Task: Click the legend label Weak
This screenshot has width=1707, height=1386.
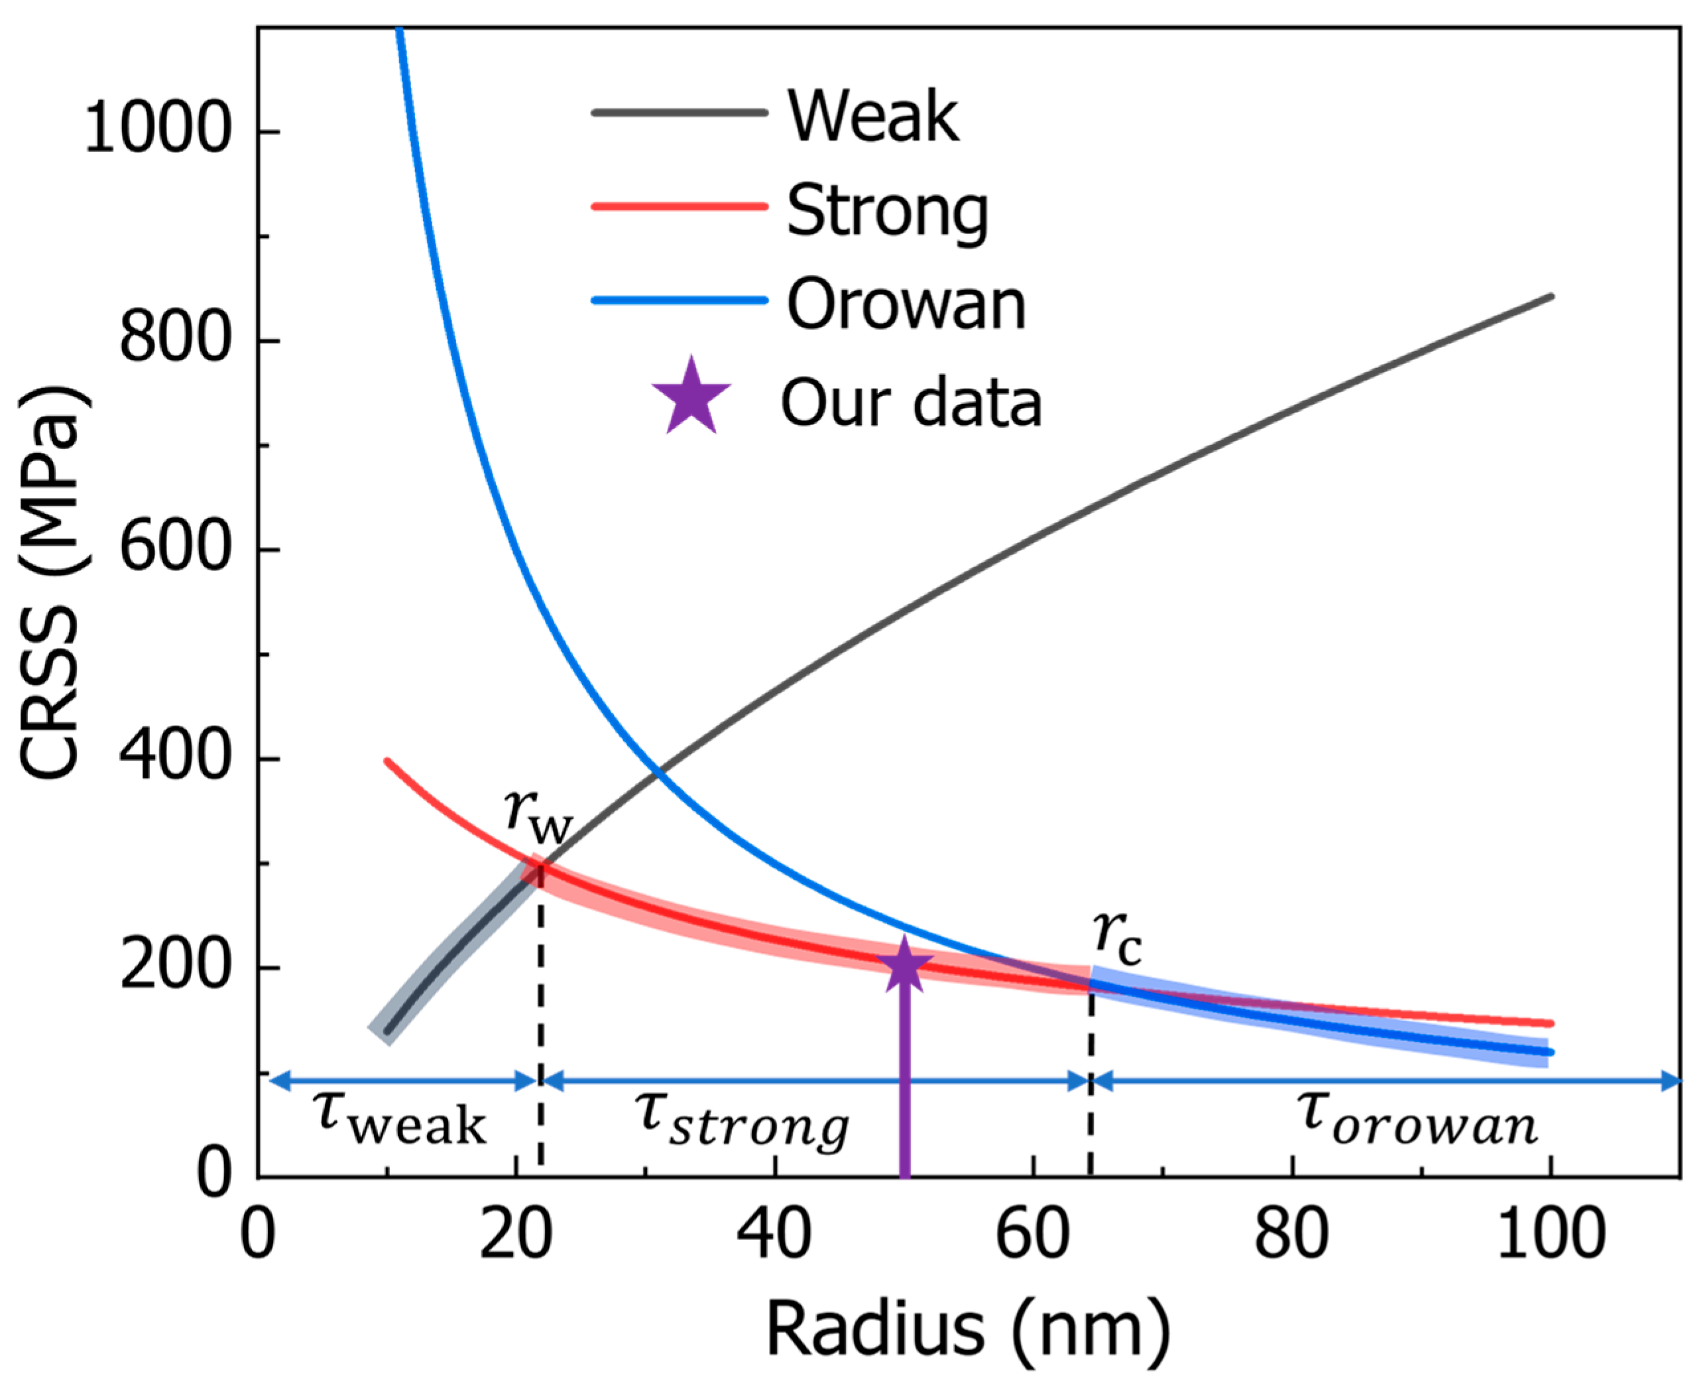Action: tap(873, 117)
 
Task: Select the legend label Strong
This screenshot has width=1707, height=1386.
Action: tap(888, 211)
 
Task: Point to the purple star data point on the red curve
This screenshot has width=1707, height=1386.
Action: tap(904, 967)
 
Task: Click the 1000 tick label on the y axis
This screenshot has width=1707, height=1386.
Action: tap(157, 129)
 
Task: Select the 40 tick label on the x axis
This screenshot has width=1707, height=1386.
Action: tap(774, 1234)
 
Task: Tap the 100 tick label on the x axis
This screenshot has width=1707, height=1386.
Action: tap(1549, 1234)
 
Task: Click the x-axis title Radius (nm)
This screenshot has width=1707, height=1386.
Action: tap(968, 1330)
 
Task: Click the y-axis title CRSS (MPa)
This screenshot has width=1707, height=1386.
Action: tap(50, 583)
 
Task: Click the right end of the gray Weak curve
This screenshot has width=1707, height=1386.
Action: tap(1550, 297)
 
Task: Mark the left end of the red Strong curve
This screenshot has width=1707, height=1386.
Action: tap(387, 761)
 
